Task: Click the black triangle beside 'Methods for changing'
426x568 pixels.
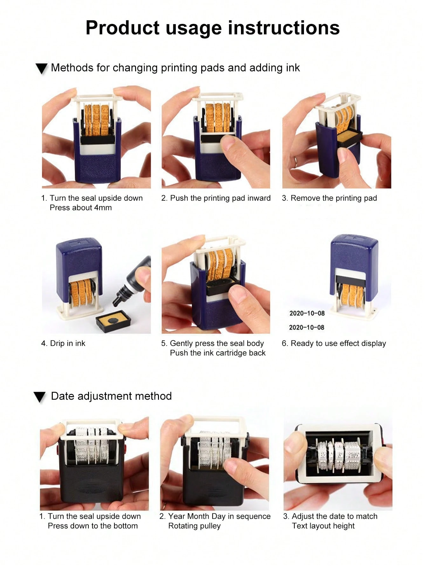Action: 42,68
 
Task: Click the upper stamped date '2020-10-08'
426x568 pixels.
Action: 307,313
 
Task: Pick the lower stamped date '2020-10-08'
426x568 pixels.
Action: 307,327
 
